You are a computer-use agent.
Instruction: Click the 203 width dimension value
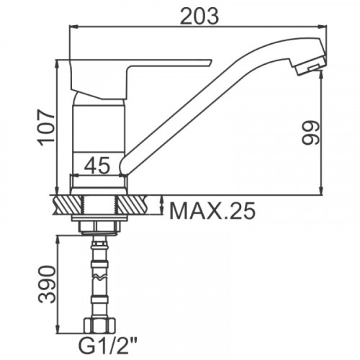(x=199, y=16)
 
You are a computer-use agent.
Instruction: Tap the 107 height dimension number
(x=46, y=127)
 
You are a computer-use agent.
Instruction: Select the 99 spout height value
(x=311, y=132)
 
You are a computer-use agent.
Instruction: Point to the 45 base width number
(x=97, y=165)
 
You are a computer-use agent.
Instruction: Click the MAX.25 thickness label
(x=212, y=211)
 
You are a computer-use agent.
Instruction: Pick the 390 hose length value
(x=47, y=284)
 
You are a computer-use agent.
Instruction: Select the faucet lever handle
(x=135, y=78)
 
